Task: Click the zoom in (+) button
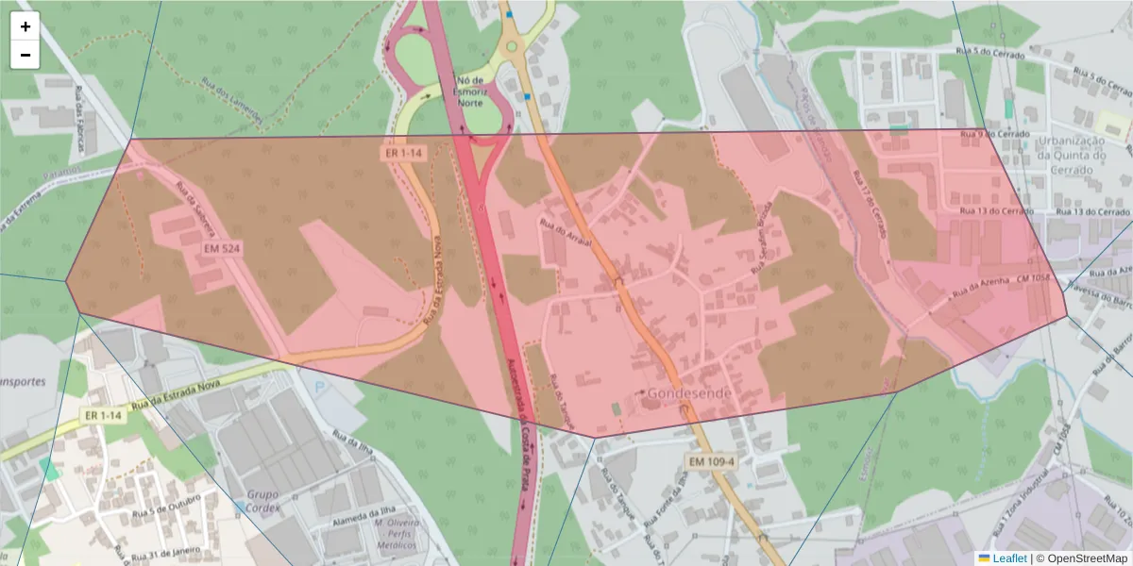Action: pyautogui.click(x=25, y=26)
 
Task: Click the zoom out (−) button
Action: pyautogui.click(x=25, y=55)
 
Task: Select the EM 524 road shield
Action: pyautogui.click(x=223, y=246)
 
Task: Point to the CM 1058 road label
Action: pyautogui.click(x=1034, y=280)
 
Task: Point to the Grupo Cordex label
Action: pyautogui.click(x=262, y=501)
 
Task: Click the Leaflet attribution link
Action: pyautogui.click(x=1009, y=558)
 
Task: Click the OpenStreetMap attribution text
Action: pyautogui.click(x=1081, y=558)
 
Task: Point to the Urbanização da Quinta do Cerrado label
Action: pyautogui.click(x=1071, y=155)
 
